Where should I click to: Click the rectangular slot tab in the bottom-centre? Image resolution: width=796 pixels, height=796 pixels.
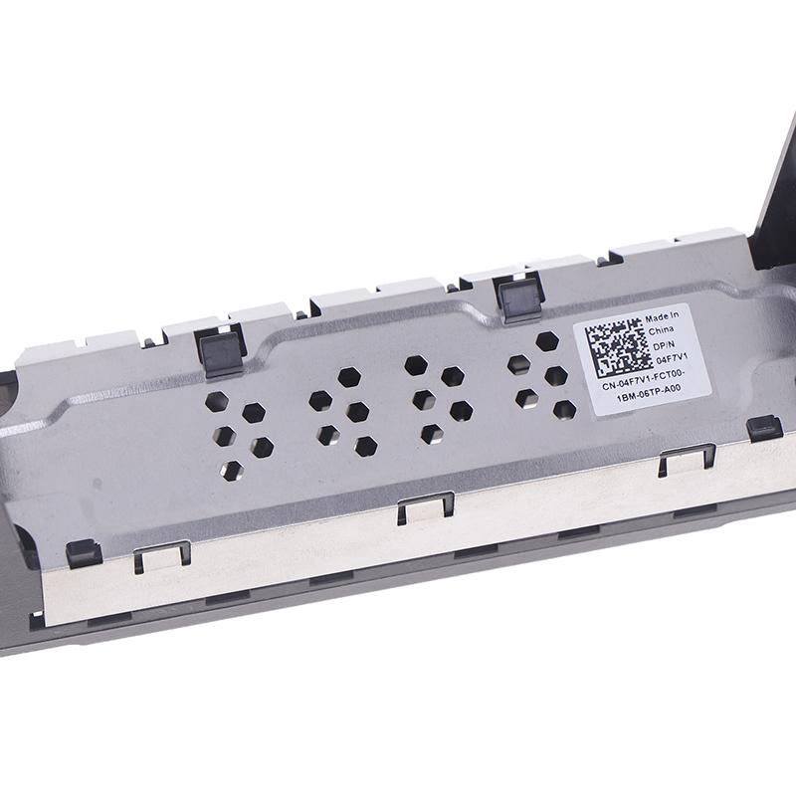[425, 506]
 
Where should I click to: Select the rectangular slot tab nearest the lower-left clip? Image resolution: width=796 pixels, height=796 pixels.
[162, 556]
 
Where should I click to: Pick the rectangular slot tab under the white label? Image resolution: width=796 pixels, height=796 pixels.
[686, 457]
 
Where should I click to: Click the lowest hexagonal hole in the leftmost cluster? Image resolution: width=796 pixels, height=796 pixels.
[232, 471]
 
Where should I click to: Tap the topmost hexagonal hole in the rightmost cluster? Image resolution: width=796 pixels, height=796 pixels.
[545, 341]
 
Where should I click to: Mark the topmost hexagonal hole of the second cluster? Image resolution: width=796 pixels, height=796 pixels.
[348, 377]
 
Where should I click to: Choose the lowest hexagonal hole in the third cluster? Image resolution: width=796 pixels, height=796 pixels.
[431, 434]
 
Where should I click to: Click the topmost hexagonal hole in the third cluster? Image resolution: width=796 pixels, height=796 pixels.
[415, 364]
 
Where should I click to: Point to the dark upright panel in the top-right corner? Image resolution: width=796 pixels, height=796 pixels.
[775, 199]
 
